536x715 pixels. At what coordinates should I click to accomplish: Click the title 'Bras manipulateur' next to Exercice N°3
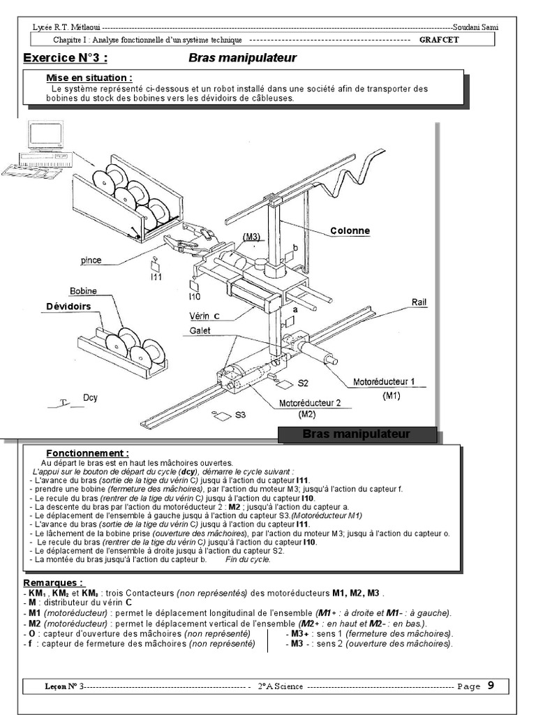[x=242, y=58]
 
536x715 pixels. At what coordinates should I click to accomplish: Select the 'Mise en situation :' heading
[x=89, y=78]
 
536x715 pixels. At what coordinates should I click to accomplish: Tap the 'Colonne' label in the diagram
[x=350, y=230]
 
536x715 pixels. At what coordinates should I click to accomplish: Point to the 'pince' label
[x=91, y=260]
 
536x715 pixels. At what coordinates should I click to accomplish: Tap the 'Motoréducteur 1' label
[x=384, y=382]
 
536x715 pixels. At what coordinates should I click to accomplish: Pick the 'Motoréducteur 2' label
[x=310, y=403]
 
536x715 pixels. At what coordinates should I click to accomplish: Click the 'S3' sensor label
[x=240, y=415]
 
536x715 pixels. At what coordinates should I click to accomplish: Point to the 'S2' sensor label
[x=302, y=383]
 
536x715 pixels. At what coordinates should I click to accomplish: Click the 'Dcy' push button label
[x=90, y=398]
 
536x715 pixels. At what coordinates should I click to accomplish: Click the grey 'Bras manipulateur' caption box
[x=357, y=435]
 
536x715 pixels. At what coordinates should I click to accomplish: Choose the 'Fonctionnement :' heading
[x=87, y=452]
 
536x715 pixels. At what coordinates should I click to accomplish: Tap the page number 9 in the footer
[x=491, y=686]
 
